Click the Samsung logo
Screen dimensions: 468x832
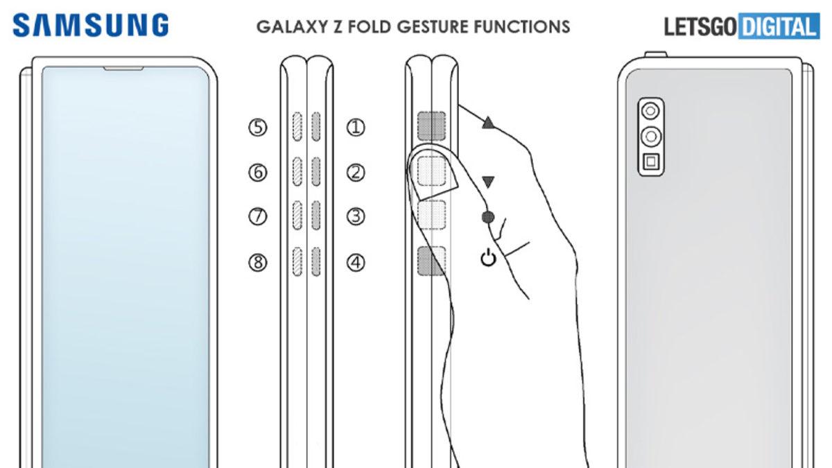(x=91, y=26)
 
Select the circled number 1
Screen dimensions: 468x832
(x=356, y=128)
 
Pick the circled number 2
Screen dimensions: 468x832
(x=356, y=173)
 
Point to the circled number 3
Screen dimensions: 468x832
(x=356, y=217)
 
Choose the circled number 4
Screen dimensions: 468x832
(x=356, y=263)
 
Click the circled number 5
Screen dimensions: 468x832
(x=258, y=128)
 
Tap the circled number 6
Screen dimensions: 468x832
(x=258, y=173)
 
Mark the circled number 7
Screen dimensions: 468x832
(x=258, y=217)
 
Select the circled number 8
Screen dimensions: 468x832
(x=258, y=263)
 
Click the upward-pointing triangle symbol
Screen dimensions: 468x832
(x=489, y=123)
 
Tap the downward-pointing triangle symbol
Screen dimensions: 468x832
(x=489, y=182)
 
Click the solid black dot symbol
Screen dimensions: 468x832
(x=488, y=218)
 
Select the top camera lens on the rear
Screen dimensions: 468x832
(x=650, y=110)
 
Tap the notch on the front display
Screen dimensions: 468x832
(x=123, y=69)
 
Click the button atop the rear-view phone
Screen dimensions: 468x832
(x=655, y=53)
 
